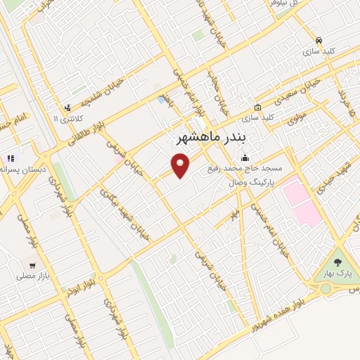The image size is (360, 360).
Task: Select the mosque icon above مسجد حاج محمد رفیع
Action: pos(245,157)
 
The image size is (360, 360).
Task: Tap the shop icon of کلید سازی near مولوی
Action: pos(257,107)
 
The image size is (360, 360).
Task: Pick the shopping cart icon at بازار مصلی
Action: pos(32,266)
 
